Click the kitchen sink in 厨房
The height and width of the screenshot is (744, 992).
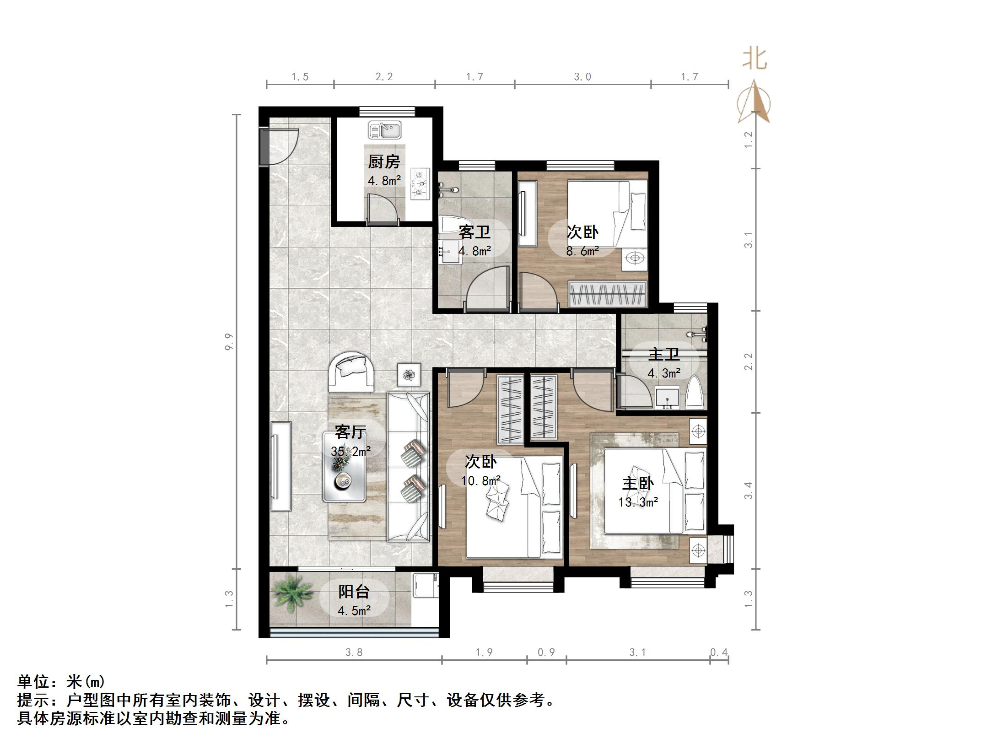[385, 130]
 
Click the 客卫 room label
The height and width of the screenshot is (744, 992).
[474, 232]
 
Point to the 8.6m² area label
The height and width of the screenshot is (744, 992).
[582, 251]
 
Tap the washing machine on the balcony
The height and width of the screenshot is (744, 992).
[425, 585]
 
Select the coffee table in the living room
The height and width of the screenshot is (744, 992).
[344, 467]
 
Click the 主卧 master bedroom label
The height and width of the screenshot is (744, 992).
[638, 483]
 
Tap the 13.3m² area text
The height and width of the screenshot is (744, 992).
[638, 502]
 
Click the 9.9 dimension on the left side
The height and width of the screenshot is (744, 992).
[229, 342]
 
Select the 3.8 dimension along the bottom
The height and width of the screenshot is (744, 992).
[354, 652]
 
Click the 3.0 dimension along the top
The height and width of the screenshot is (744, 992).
[582, 77]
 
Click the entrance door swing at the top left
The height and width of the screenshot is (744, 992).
[280, 146]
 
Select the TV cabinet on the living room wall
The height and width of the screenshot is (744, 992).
[280, 466]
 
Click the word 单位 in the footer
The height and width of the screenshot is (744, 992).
[33, 682]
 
